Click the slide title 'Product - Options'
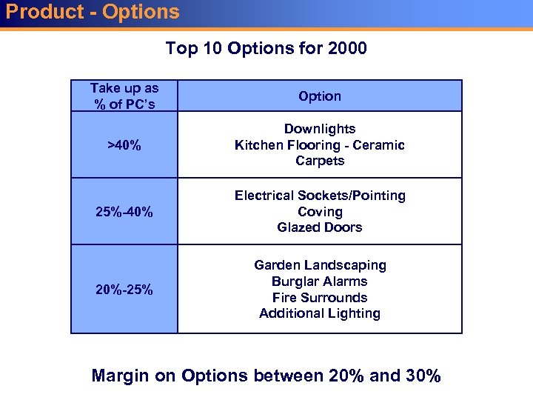pos(93,12)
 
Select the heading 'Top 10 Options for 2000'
pos(266,49)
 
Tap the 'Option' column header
pos(320,96)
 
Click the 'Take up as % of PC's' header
pos(124,96)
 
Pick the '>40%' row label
pos(124,145)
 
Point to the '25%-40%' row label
pos(124,213)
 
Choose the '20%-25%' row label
pos(124,290)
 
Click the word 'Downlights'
pos(320,129)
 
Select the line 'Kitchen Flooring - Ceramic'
pos(320,145)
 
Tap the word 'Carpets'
pos(320,161)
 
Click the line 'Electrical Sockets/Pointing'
pos(320,196)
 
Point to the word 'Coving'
pos(320,212)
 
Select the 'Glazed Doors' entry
pos(320,227)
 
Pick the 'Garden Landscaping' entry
pos(320,265)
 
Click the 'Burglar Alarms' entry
pos(320,281)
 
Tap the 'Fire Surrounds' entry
pos(320,298)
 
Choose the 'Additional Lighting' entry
pos(320,313)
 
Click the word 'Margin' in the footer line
pos(121,376)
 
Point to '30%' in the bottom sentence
pos(423,376)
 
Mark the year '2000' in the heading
pos(346,49)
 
